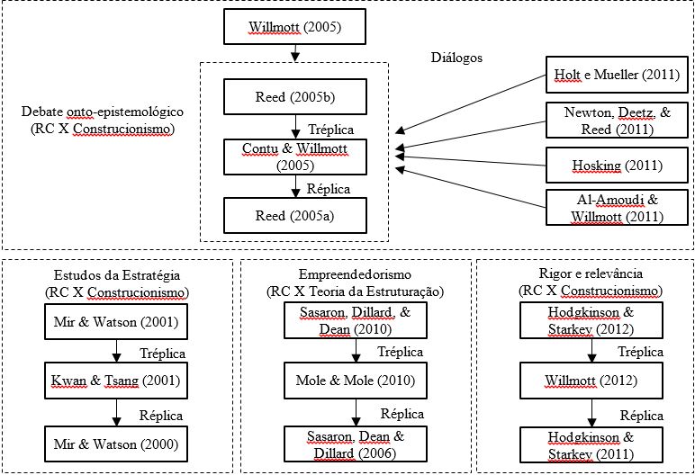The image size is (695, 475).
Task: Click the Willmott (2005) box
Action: (x=295, y=27)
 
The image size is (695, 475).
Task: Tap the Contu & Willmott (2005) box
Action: (x=295, y=157)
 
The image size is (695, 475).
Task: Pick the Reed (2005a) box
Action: (x=295, y=215)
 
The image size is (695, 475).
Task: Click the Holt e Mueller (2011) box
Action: (x=617, y=75)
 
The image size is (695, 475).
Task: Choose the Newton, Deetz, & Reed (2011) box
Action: (x=617, y=121)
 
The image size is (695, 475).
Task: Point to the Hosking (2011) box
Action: (x=617, y=166)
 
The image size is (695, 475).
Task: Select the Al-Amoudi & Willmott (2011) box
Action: (x=617, y=209)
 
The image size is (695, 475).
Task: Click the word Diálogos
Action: (x=457, y=58)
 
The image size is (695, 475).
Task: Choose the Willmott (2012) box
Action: (x=591, y=381)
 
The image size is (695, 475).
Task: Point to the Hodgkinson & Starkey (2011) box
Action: (x=591, y=444)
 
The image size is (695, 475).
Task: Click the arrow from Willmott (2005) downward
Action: (x=295, y=53)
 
